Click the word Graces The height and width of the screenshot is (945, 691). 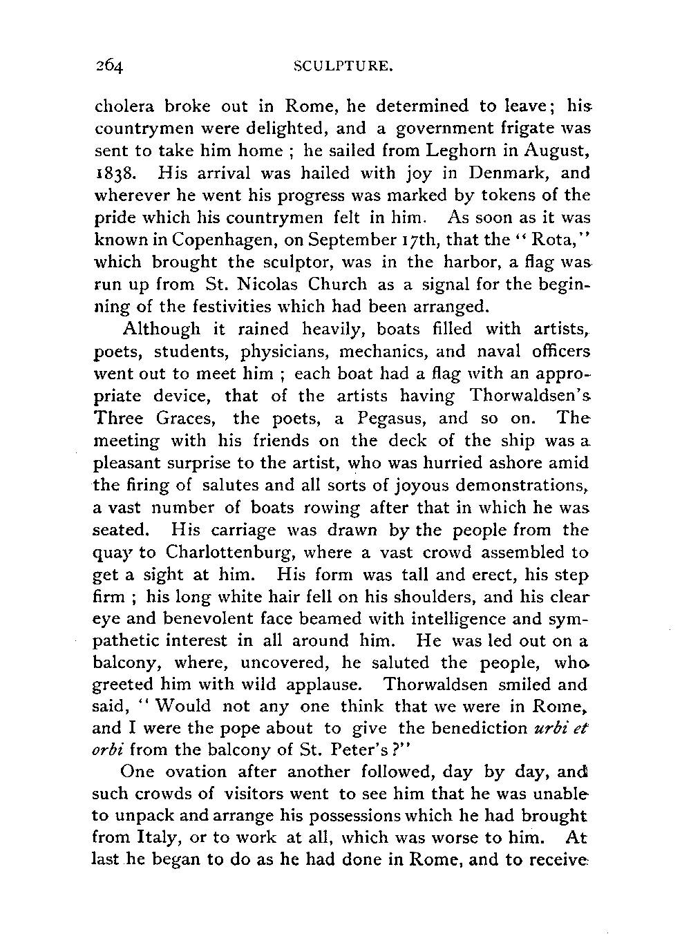(187, 418)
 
